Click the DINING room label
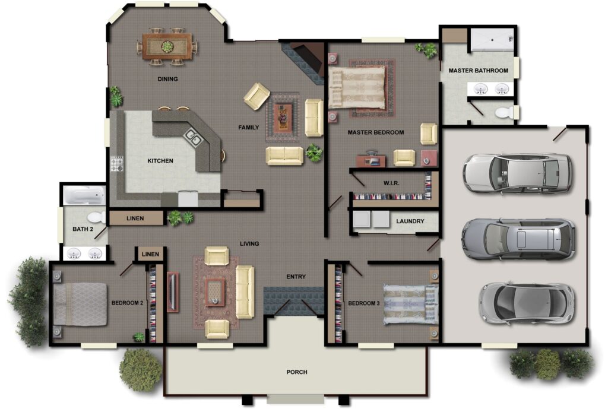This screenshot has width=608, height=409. coord(167,79)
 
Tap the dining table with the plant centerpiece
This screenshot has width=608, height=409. coord(167,46)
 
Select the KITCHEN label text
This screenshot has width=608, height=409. coord(160,161)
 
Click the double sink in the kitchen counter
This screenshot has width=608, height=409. coord(193,137)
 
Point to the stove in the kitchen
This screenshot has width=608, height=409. coord(118,163)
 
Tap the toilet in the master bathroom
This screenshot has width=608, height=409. coord(503,112)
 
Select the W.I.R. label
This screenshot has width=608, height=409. coord(391,183)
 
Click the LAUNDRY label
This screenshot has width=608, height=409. coord(410,221)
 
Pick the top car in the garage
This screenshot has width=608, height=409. coord(517,173)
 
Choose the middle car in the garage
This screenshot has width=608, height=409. coord(518,239)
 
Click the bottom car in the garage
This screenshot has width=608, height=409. coord(526,302)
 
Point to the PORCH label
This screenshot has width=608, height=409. coord(296,372)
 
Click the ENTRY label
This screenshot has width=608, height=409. coord(296,277)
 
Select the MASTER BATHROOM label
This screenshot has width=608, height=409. coord(478,71)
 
